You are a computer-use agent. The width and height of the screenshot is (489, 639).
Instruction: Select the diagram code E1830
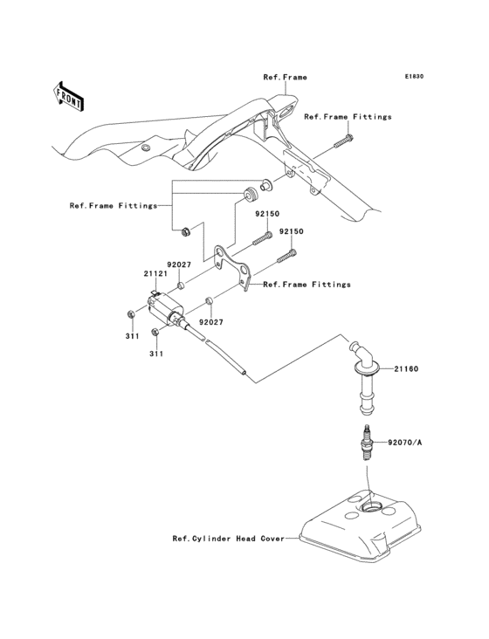413,77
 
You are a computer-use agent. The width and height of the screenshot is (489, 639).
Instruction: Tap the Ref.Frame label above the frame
285,77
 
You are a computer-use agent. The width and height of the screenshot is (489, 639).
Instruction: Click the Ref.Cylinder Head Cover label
228,539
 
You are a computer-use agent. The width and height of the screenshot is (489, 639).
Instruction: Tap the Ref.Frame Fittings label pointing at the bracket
306,285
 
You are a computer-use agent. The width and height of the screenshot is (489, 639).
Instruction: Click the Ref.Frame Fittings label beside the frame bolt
348,116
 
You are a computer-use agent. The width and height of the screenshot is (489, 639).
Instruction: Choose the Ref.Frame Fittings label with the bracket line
114,206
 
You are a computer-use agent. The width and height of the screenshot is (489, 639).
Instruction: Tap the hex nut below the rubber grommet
185,232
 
